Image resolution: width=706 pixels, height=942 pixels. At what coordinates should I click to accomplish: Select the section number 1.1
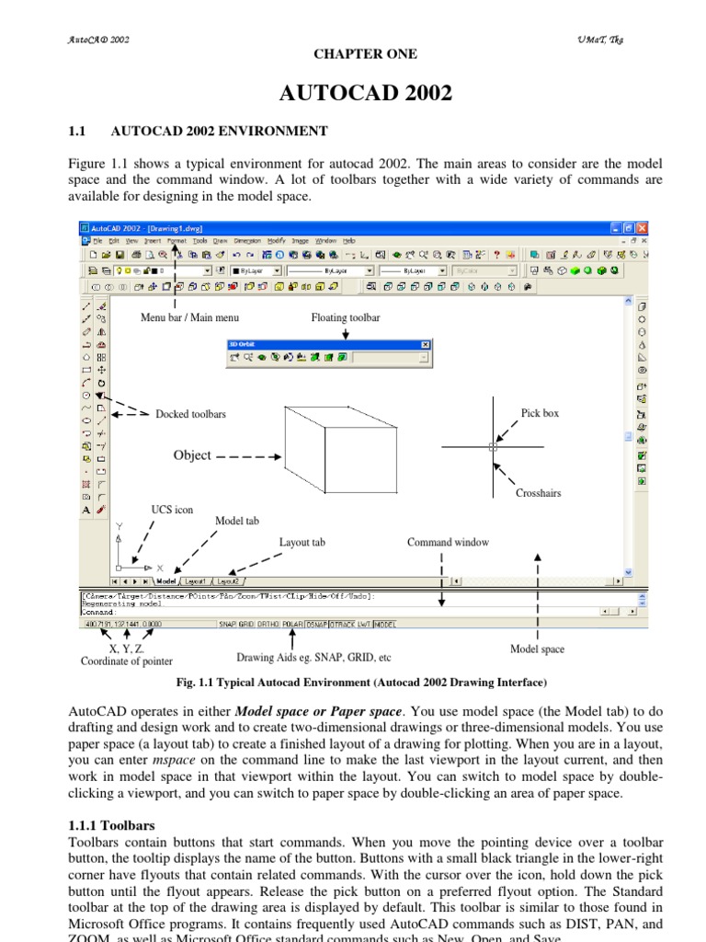77,132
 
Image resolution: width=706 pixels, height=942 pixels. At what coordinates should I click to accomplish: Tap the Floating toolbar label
346,317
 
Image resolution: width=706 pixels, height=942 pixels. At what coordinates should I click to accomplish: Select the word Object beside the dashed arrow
192,455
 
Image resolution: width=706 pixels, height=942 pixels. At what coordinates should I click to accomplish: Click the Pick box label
540,413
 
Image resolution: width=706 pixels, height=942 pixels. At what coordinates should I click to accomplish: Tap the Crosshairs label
538,493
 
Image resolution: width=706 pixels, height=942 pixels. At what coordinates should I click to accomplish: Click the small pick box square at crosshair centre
494,447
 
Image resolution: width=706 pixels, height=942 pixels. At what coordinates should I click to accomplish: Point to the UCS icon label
172,509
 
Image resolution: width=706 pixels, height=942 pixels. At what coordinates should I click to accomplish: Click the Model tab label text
237,521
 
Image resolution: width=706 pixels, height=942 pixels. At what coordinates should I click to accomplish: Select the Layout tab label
302,542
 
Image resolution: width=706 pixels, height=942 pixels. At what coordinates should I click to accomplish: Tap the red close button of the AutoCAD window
642,227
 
